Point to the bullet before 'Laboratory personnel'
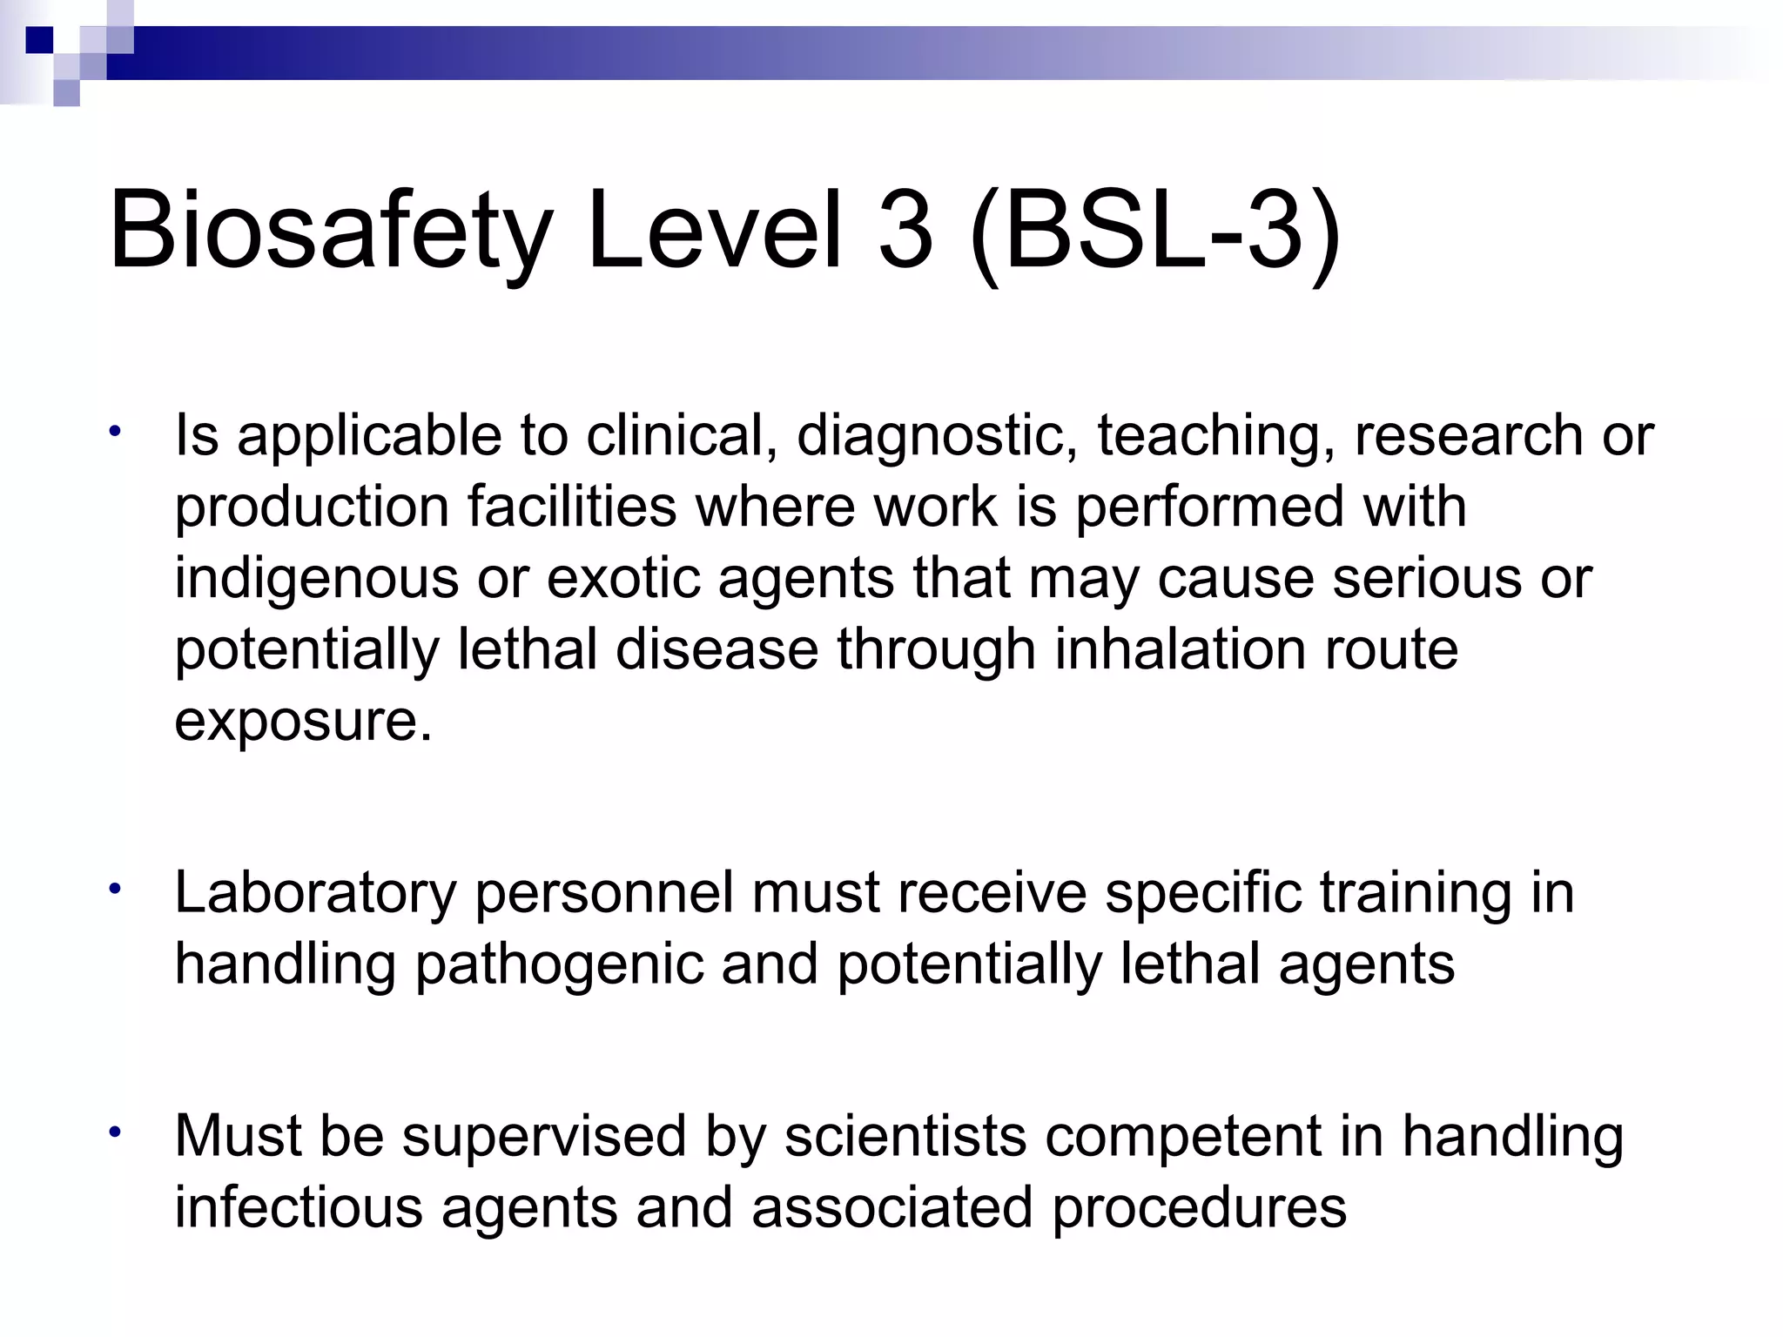[114, 890]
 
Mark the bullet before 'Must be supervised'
[114, 1132]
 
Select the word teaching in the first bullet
[1215, 437]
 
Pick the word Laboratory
[315, 895]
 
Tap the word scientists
[905, 1138]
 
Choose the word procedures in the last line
[1199, 1209]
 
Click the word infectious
[299, 1209]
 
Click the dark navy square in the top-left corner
[39, 40]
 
